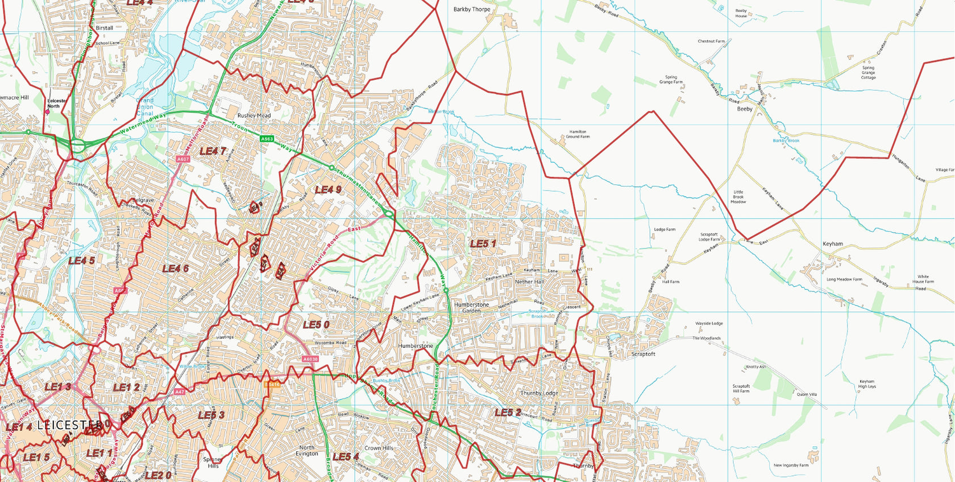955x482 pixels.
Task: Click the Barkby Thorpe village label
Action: click(471, 10)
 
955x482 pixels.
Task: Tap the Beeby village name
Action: click(745, 109)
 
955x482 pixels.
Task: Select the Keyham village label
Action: click(833, 244)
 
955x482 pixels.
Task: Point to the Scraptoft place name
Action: click(643, 354)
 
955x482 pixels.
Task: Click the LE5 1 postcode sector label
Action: click(483, 244)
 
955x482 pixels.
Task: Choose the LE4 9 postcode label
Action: click(328, 189)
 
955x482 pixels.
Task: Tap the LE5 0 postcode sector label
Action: click(316, 325)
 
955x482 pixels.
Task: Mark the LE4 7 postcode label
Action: click(213, 151)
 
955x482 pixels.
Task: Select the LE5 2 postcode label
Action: click(508, 413)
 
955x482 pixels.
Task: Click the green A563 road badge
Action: click(267, 139)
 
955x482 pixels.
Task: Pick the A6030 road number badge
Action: click(310, 359)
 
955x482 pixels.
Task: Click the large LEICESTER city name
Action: click(69, 425)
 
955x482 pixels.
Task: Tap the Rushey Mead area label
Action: click(254, 116)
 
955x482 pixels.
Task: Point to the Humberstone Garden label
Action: click(471, 308)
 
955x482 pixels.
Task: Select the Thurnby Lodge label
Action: click(539, 393)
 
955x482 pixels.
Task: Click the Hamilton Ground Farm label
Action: click(578, 134)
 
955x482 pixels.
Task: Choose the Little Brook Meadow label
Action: click(738, 197)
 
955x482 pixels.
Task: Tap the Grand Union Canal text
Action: click(145, 106)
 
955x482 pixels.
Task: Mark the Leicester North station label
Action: click(57, 103)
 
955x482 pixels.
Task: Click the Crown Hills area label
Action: click(379, 448)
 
